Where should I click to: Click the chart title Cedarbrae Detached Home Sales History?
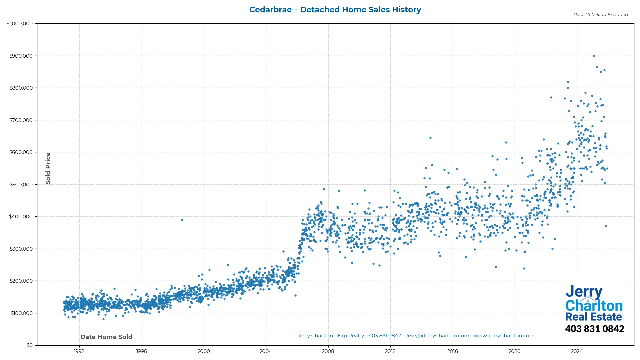[x=335, y=10]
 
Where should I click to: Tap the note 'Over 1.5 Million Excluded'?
[x=600, y=15]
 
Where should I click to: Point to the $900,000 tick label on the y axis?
[x=21, y=56]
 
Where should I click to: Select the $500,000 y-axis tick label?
[x=21, y=185]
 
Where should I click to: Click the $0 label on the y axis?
[x=30, y=345]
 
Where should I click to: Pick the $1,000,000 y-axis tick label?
[x=20, y=24]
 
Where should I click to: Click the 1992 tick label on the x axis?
[x=79, y=351]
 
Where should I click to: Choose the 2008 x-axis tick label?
[x=328, y=351]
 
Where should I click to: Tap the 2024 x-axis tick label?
[x=577, y=351]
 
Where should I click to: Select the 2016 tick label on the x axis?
[x=452, y=351]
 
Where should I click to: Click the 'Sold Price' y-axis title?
[x=48, y=168]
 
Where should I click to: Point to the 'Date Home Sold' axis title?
[x=106, y=337]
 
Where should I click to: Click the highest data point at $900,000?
[x=594, y=56]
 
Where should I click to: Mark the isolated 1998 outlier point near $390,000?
[x=182, y=220]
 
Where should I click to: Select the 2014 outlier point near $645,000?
[x=430, y=138]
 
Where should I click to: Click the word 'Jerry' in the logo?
[x=584, y=292]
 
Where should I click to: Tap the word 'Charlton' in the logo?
[x=594, y=306]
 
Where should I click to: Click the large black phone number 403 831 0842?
[x=594, y=329]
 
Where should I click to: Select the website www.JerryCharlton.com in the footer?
[x=504, y=336]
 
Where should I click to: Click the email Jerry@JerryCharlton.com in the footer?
[x=437, y=336]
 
